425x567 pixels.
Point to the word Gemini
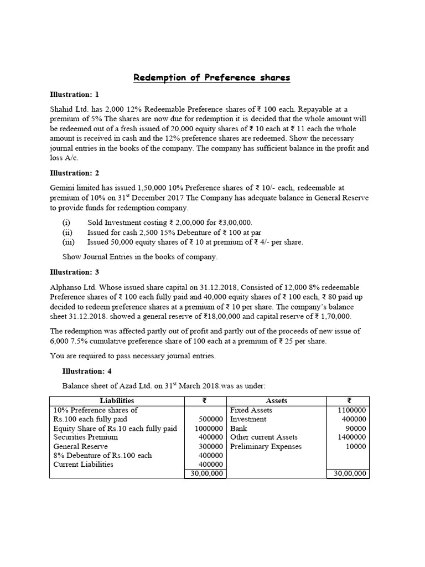[64, 188]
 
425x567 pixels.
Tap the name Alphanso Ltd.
[72, 287]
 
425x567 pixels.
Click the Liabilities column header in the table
[117, 401]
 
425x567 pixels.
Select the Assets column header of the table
[276, 401]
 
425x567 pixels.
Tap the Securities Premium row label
[85, 437]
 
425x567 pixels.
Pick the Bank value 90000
[355, 429]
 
